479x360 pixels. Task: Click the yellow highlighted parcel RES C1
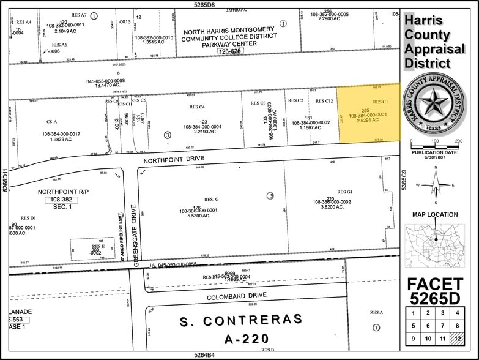[369, 113]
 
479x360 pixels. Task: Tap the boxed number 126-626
[231, 52]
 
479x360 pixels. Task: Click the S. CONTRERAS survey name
[240, 320]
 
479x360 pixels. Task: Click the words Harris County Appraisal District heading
[428, 42]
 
